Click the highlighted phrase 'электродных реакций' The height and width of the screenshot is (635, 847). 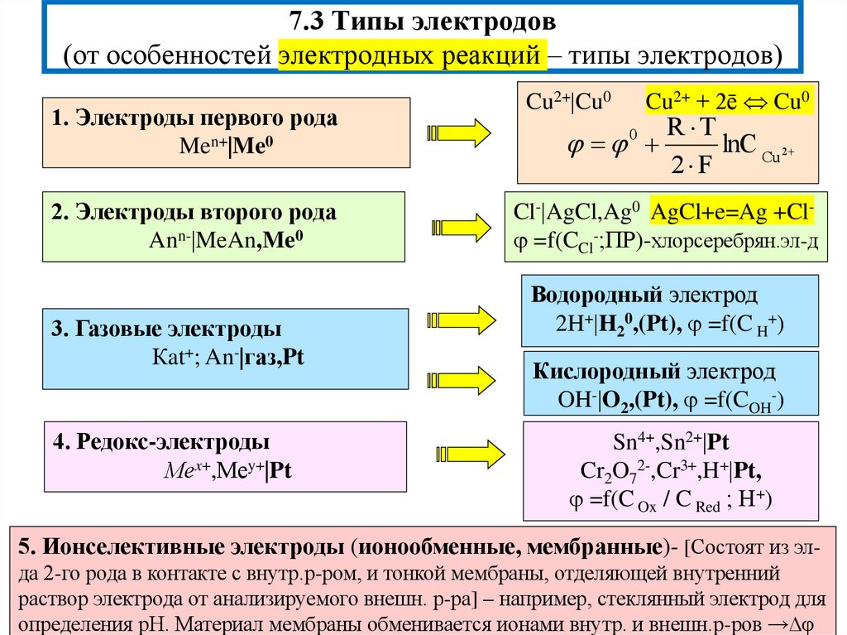coord(412,55)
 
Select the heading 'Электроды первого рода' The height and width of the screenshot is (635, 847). coord(207,118)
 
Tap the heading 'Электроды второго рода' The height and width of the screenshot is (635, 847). coord(206,213)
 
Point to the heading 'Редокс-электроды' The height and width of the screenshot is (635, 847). coord(173,441)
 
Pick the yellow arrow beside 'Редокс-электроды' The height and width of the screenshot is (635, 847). coord(467,452)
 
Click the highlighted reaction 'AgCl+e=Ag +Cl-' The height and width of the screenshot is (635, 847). coord(733,213)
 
